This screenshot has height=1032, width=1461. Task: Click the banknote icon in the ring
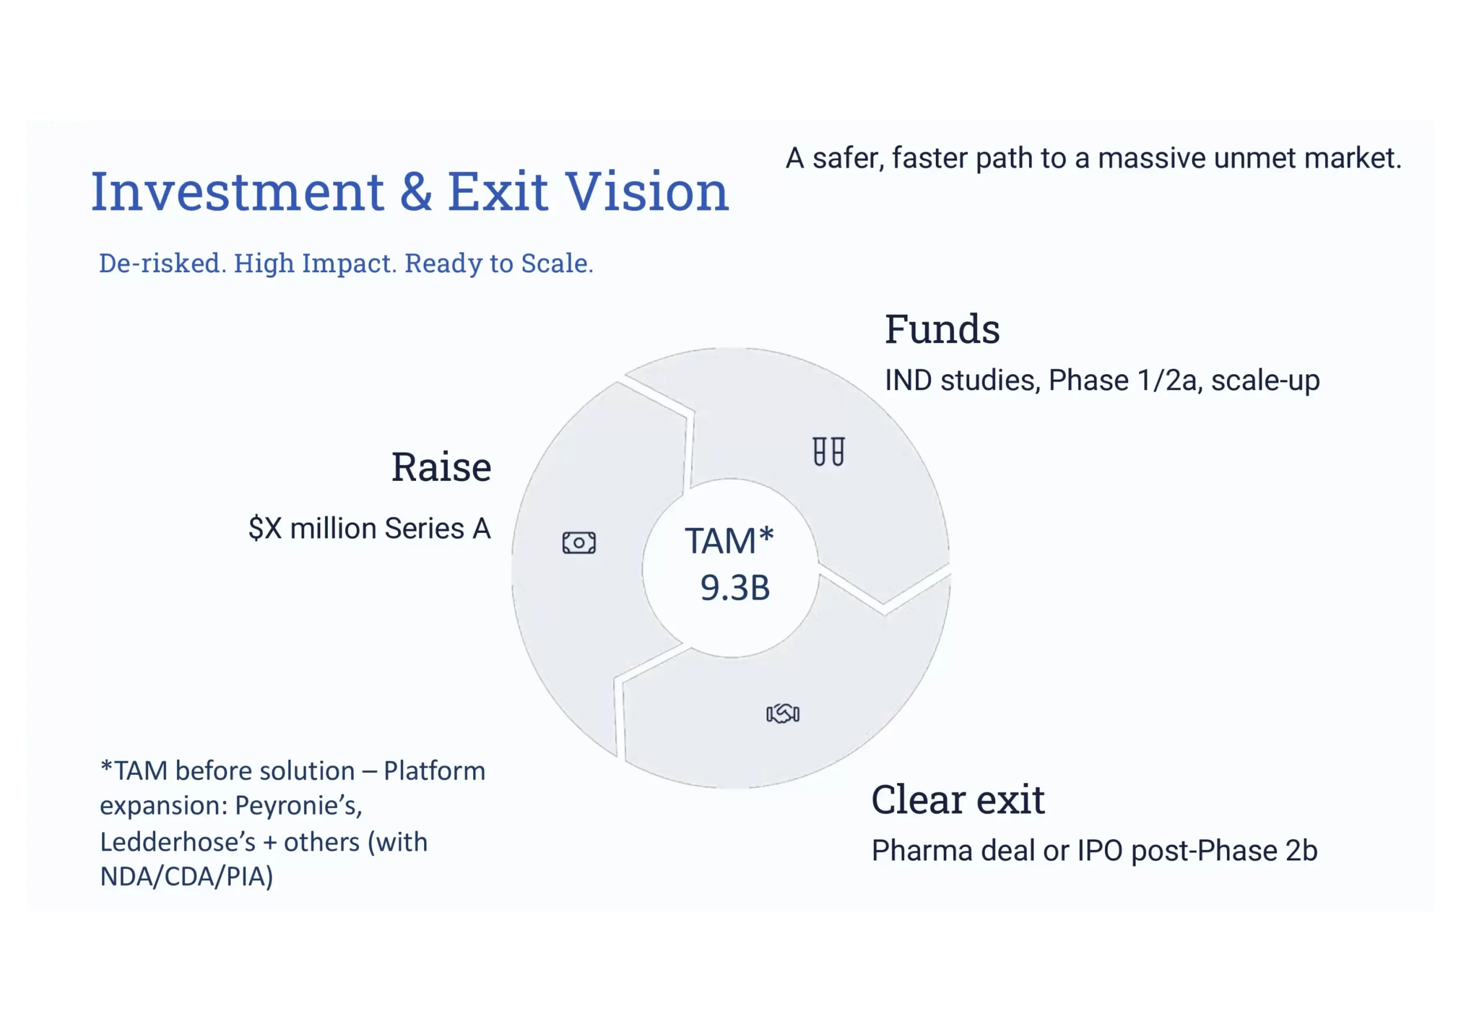pos(579,543)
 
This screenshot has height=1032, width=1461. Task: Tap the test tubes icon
pos(829,451)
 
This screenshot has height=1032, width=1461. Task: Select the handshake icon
pos(782,713)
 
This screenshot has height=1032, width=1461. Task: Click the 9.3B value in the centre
pos(735,588)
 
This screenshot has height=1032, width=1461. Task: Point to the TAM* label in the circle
pos(729,541)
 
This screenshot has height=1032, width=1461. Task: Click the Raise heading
pos(441,467)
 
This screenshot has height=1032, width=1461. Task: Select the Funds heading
pos(942,329)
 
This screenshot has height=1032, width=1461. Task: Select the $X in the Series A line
pos(265,528)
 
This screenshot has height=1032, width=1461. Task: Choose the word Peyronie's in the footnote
pos(298,806)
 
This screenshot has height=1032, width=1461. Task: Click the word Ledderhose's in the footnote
pos(177,843)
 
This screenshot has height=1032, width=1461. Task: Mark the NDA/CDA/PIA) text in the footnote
pos(187,877)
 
